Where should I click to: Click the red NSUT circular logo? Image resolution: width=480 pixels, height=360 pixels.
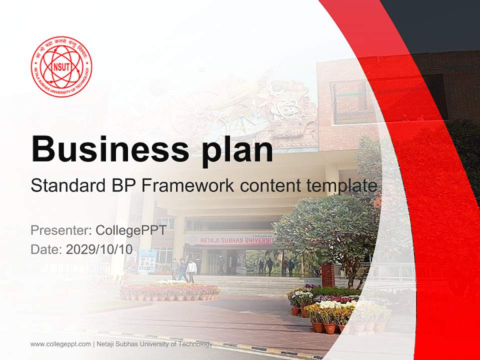click(x=61, y=66)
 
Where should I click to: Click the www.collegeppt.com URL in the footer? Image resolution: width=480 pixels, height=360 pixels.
click(x=60, y=344)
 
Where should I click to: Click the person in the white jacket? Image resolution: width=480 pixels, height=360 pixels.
click(x=191, y=270)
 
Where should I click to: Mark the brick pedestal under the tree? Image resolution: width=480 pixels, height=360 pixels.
click(x=327, y=275)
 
